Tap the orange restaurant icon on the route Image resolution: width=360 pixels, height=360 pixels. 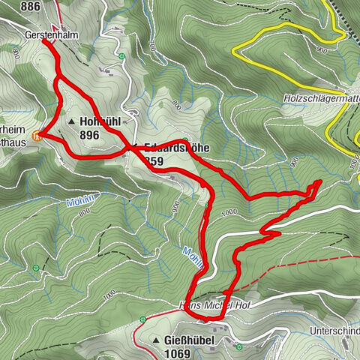pos(38,136)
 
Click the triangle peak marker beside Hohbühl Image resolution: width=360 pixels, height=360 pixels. pos(72,121)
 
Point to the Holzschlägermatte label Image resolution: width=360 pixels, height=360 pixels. pos(319,98)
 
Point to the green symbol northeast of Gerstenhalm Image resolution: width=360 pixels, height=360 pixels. pos(120,56)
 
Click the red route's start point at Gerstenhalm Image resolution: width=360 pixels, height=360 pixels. pos(43,41)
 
